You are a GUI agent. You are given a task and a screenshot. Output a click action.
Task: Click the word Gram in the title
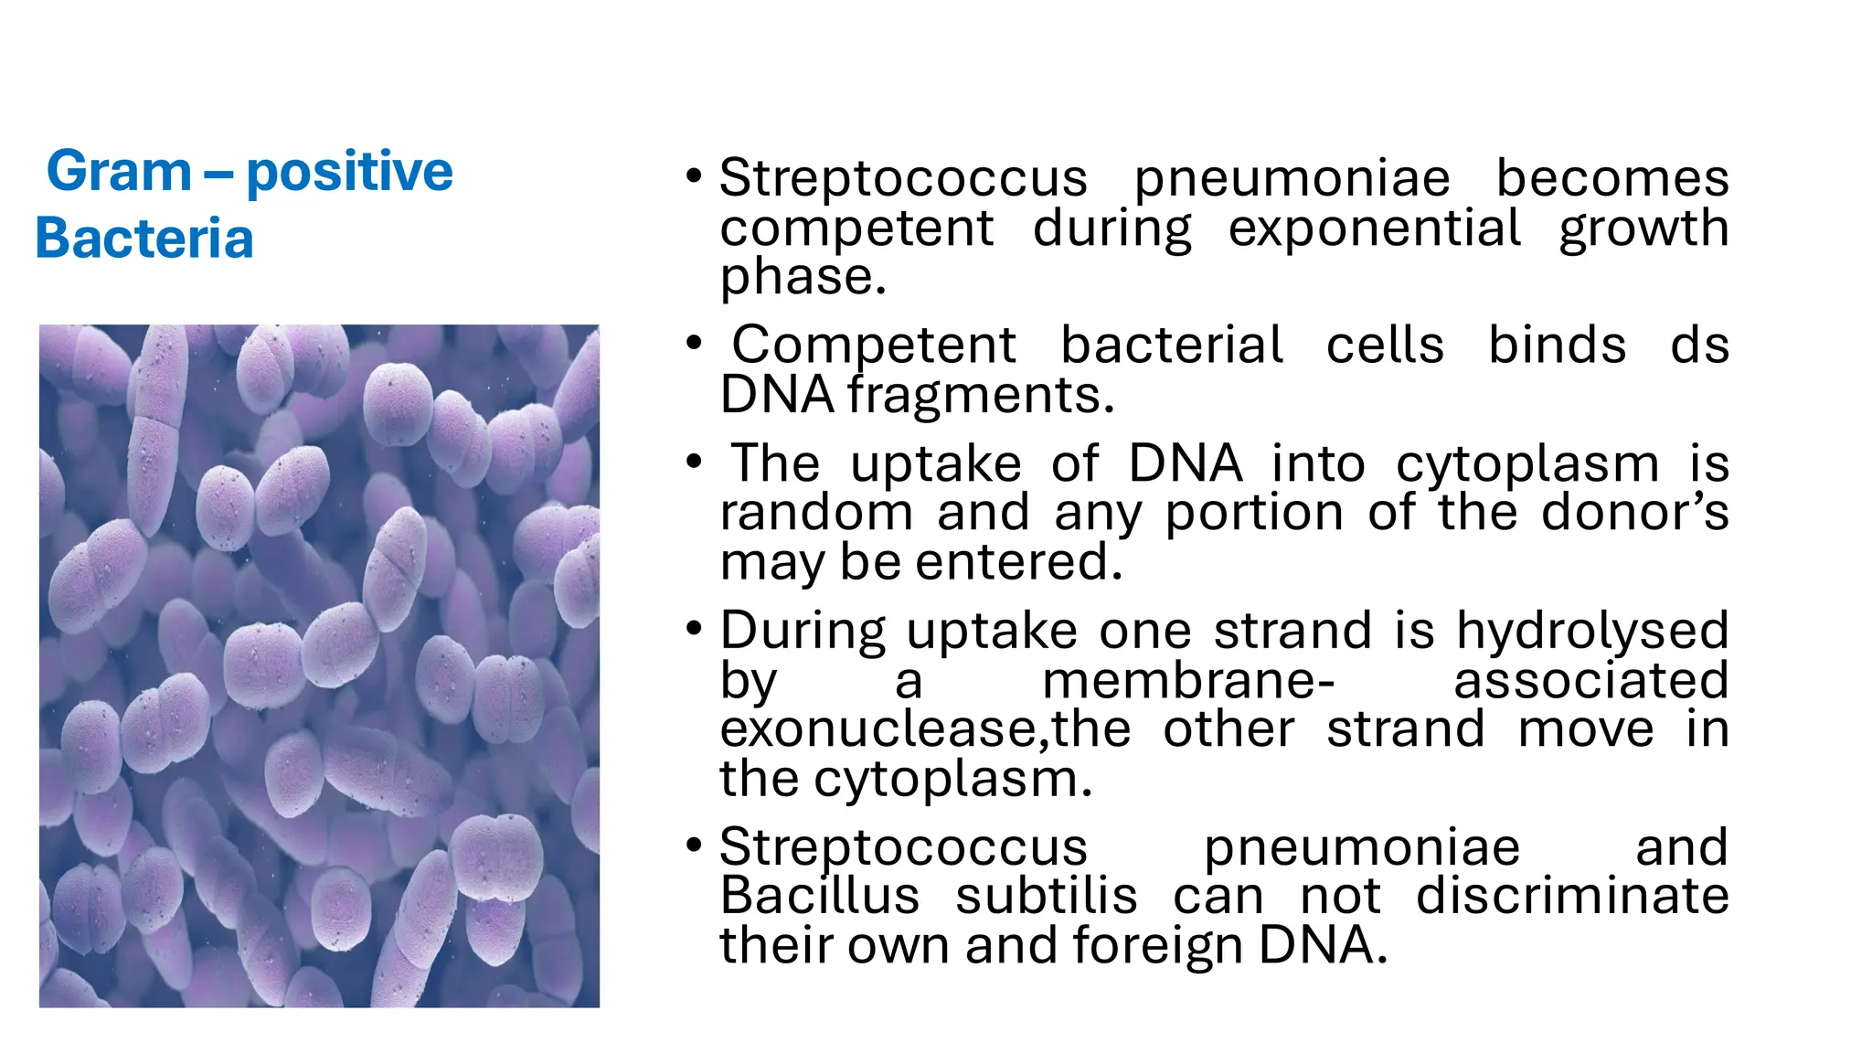[x=119, y=172]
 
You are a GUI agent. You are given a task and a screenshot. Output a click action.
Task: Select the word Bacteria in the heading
[x=144, y=239]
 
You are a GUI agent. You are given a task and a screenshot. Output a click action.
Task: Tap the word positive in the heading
[x=349, y=172]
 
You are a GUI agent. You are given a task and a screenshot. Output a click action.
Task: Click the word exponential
[x=1374, y=228]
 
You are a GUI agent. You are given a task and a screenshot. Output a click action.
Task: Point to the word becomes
[x=1611, y=177]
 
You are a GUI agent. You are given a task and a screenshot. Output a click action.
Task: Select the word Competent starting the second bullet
[x=873, y=345]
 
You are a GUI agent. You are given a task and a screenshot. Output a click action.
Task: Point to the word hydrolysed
[x=1591, y=631]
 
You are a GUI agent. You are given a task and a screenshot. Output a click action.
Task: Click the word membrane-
[x=1188, y=681]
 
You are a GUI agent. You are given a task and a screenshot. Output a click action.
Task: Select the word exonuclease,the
[x=924, y=729]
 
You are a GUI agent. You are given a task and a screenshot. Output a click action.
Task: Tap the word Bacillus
[x=819, y=896]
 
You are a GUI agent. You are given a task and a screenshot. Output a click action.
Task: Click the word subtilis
[x=1046, y=896]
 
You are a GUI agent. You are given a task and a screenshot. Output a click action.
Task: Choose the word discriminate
[x=1571, y=896]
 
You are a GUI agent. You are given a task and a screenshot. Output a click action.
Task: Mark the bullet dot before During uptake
[x=695, y=629]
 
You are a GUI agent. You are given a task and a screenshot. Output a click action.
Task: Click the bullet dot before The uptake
[x=695, y=462]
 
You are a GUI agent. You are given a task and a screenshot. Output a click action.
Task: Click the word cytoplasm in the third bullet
[x=1527, y=463]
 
